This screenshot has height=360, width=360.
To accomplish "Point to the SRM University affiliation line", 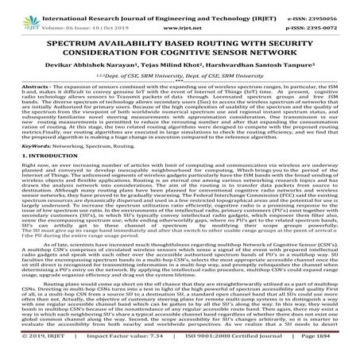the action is click(180, 77).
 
